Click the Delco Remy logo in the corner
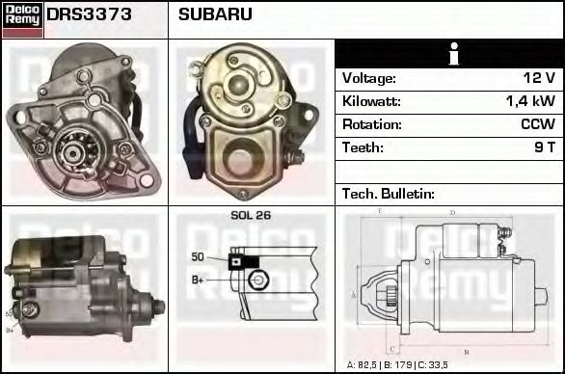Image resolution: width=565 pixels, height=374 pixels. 22,18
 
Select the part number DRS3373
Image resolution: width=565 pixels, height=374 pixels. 90,15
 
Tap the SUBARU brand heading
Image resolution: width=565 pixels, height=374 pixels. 215,15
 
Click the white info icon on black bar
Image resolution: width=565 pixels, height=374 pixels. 449,54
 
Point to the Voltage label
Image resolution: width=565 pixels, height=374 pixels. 368,78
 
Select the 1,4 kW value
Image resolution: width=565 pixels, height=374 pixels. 531,101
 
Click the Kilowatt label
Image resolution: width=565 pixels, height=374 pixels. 371,101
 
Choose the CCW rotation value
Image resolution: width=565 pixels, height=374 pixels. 536,124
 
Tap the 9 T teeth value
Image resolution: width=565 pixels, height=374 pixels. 543,147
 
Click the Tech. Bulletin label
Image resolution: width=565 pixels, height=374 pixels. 389,194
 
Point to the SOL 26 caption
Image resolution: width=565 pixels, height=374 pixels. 251,216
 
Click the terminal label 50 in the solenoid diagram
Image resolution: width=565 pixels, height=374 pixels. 198,257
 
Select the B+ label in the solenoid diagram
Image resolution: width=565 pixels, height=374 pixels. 198,280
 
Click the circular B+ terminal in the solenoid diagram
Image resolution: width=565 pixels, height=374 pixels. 256,280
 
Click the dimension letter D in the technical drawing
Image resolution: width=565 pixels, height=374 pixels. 452,213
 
